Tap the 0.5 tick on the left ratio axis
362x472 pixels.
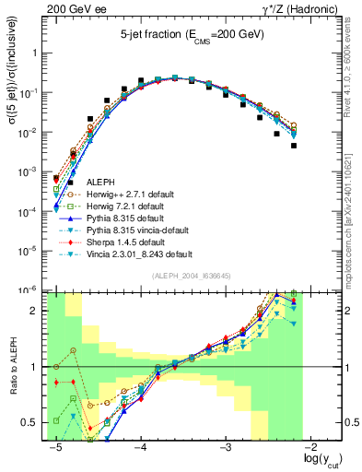coord(33,423)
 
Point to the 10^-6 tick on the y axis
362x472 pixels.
coord(30,289)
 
